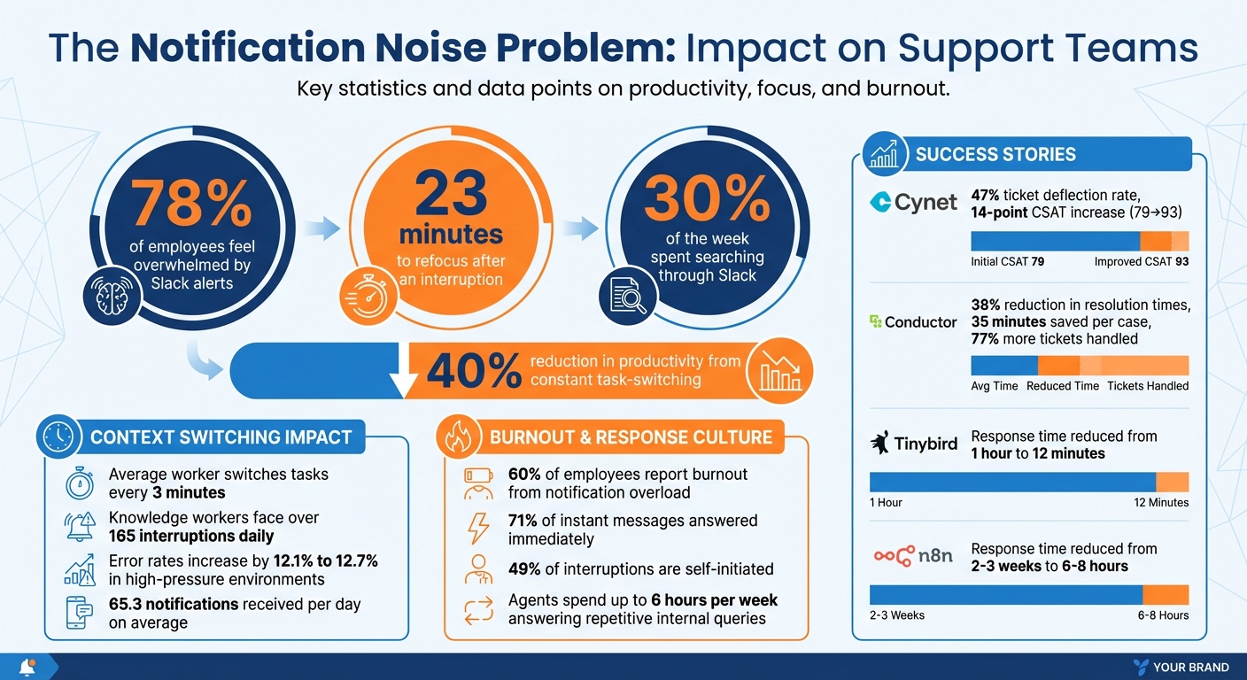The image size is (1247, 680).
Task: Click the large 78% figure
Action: click(x=192, y=204)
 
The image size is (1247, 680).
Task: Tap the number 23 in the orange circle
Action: click(x=451, y=194)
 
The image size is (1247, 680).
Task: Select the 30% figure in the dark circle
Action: click(x=706, y=198)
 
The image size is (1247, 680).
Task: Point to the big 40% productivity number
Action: click(x=473, y=371)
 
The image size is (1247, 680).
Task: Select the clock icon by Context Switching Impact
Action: click(x=59, y=437)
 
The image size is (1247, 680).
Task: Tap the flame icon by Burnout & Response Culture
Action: click(x=459, y=437)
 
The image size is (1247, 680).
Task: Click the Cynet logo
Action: click(x=912, y=203)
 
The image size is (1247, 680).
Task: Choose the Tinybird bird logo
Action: click(x=881, y=443)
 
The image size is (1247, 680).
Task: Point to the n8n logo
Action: click(x=914, y=556)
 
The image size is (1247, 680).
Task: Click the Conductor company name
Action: click(x=920, y=322)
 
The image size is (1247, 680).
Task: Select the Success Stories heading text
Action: click(x=995, y=155)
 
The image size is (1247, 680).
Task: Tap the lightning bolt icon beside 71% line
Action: click(x=478, y=529)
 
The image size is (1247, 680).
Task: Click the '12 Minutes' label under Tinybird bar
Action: click(x=1160, y=502)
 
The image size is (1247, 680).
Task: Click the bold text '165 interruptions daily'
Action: click(x=191, y=536)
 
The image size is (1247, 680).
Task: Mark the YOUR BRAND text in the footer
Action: click(x=1191, y=667)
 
